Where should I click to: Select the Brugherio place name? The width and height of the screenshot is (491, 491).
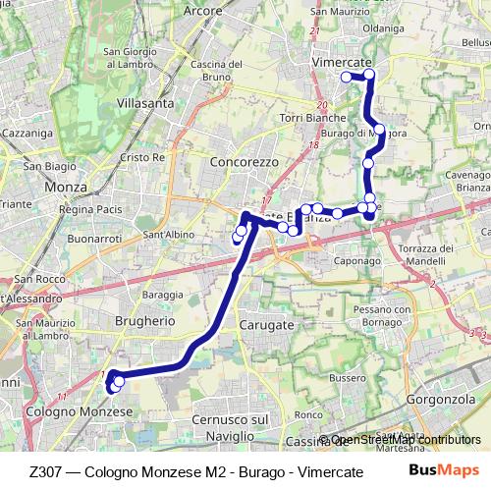tap(144, 320)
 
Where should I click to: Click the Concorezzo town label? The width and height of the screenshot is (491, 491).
tap(245, 161)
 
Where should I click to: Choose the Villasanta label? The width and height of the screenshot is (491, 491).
tap(144, 102)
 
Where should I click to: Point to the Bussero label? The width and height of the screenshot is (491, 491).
tap(347, 377)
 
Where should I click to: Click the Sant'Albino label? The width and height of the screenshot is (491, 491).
tap(166, 235)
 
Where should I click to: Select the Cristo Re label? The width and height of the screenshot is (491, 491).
tap(141, 157)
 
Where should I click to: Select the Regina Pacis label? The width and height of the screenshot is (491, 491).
tap(89, 209)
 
